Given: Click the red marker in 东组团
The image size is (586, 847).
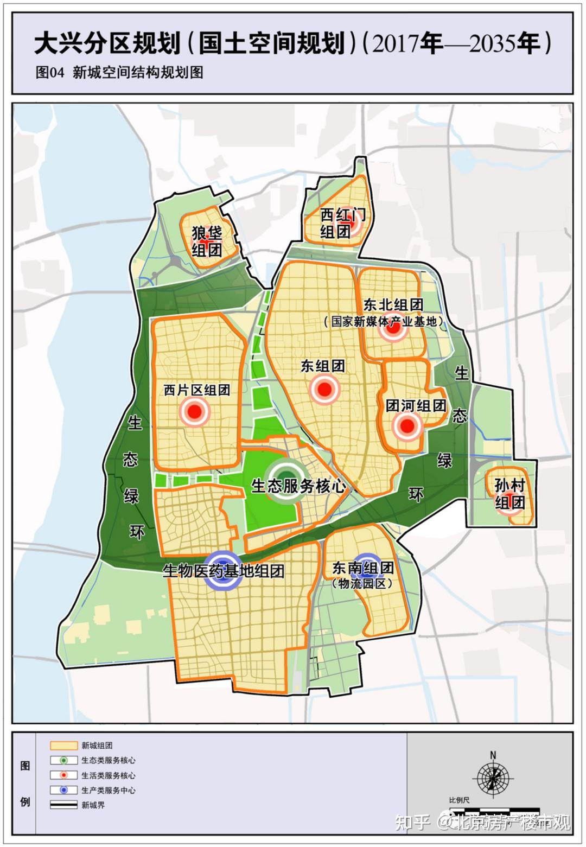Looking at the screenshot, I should point(324,389).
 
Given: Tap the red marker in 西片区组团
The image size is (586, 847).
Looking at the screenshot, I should point(195,412).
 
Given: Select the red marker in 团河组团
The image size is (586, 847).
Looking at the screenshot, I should point(406,426).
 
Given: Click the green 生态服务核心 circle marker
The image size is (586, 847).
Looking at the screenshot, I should point(284,480).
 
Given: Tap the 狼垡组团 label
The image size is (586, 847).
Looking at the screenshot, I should point(207,242).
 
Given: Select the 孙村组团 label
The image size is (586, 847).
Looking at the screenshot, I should point(509,494).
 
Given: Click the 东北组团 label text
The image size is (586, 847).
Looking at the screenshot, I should point(393,304).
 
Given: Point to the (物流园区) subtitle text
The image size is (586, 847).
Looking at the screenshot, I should point(362,584).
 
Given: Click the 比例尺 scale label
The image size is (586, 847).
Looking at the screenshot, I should point(459,800).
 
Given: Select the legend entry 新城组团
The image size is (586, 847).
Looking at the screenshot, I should point(97,746).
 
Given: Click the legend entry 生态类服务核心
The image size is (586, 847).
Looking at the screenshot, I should point(108,761).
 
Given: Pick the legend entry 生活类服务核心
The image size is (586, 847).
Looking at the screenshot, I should point(108,775).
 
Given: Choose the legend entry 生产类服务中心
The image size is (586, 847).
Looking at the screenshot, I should point(108,791).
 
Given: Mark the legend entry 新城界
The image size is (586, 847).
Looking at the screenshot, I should point(93,805).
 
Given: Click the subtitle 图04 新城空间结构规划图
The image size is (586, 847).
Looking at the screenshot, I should point(119,72).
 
